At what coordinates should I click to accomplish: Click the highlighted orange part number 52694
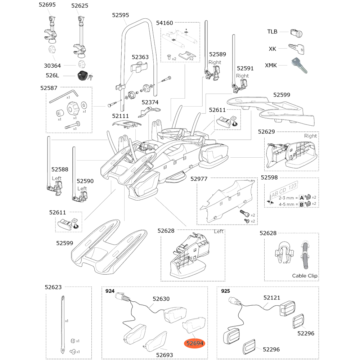click(195, 343)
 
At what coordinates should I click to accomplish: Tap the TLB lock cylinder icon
click(296, 33)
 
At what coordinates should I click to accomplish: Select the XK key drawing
click(297, 48)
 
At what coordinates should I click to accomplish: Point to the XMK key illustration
click(299, 65)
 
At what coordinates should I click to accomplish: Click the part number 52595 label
click(121, 15)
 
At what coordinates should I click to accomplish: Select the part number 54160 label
click(165, 23)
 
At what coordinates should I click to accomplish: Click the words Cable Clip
click(305, 276)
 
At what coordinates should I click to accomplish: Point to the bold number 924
click(109, 291)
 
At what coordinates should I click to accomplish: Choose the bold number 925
click(225, 291)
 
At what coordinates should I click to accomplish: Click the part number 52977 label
click(199, 179)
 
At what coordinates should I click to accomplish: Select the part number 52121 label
click(272, 298)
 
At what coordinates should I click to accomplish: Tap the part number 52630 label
click(161, 299)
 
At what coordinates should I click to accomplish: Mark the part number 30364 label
click(53, 66)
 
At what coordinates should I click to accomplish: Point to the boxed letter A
click(301, 197)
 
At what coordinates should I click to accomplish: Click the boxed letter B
click(301, 204)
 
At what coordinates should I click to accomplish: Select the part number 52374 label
click(150, 102)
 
